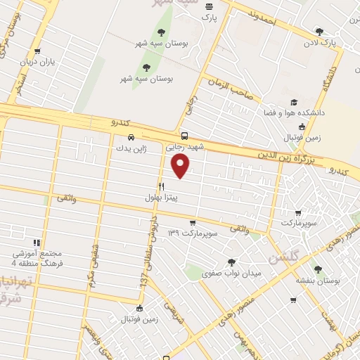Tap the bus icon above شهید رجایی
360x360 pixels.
(184, 136)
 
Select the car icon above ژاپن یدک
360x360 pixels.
(131, 137)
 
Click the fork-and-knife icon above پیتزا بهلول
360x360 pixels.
(162, 186)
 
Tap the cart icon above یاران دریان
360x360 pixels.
(37, 51)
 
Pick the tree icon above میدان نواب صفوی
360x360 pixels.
(231, 262)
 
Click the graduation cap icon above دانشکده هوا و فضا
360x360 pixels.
(293, 102)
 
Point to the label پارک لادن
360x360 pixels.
(321, 42)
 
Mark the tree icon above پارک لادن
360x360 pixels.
(320, 31)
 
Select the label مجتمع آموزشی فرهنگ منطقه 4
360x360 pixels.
(36, 258)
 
